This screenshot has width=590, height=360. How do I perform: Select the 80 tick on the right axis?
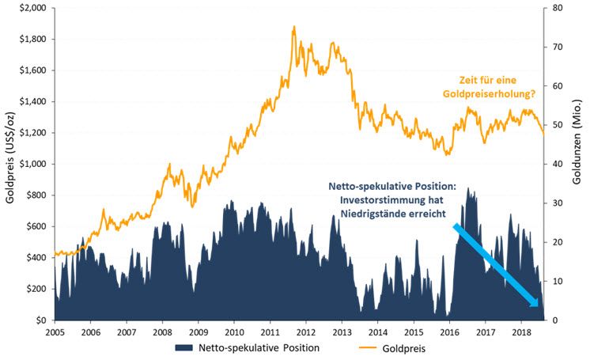point(558,8)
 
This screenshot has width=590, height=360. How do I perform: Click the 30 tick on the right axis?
point(558,203)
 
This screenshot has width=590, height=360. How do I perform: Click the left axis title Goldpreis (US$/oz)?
point(10,164)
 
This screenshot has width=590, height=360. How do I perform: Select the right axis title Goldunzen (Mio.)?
point(580,164)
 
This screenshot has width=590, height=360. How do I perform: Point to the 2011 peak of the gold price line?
point(294,27)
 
